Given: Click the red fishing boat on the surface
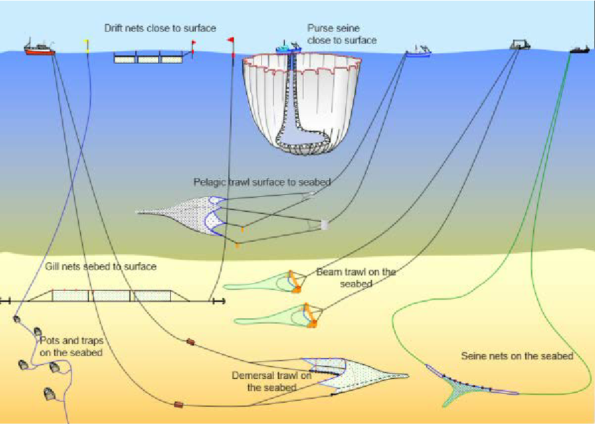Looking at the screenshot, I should pyautogui.click(x=39, y=49).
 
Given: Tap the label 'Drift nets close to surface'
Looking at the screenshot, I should pyautogui.click(x=160, y=28).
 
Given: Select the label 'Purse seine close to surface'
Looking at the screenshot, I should pyautogui.click(x=342, y=34).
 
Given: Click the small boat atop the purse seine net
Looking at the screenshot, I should pyautogui.click(x=288, y=48).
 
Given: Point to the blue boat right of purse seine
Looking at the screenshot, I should pyautogui.click(x=418, y=51).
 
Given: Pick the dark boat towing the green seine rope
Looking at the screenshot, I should pyautogui.click(x=580, y=49).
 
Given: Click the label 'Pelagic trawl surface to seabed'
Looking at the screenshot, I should pyautogui.click(x=261, y=182).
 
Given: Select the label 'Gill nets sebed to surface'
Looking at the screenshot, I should pyautogui.click(x=101, y=267).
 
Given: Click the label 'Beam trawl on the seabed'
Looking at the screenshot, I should pyautogui.click(x=356, y=278).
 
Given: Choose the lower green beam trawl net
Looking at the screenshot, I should pyautogui.click(x=269, y=317).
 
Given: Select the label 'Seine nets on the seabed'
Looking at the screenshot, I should pyautogui.click(x=517, y=356).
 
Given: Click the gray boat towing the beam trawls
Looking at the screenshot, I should pyautogui.click(x=519, y=45).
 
